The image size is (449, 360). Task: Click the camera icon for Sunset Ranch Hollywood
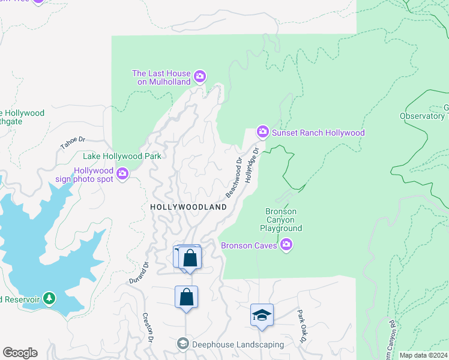click(262, 131)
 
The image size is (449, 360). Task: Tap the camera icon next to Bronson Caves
click(286, 244)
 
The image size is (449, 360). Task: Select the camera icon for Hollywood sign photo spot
click(123, 174)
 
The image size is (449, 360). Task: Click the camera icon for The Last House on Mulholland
click(200, 77)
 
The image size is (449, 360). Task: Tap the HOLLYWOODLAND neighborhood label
click(188, 207)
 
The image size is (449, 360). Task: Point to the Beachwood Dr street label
click(234, 178)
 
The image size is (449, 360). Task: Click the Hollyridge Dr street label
click(251, 165)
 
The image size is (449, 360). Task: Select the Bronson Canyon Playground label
click(281, 220)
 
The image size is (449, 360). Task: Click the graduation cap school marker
click(262, 316)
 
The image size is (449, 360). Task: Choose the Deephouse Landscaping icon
click(183, 344)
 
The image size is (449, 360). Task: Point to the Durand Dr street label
click(138, 272)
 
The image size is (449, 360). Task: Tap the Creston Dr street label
click(148, 328)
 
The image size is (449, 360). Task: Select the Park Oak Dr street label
click(301, 327)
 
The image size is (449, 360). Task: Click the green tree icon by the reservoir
click(49, 298)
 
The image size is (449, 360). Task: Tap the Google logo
click(19, 353)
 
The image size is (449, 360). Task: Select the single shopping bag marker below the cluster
click(187, 296)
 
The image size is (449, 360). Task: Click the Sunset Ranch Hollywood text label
click(318, 133)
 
